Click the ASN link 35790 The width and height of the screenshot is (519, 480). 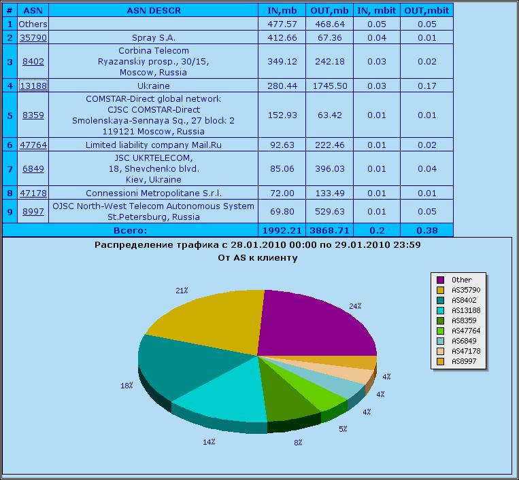33,38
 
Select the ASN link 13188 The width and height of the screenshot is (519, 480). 33,86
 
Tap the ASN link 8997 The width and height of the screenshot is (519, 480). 33,212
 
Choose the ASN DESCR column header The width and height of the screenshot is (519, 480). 153,10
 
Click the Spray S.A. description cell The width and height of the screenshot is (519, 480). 153,38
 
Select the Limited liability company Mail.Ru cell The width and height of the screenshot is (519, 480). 153,145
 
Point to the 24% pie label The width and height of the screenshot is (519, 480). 355,306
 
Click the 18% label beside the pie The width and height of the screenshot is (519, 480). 127,385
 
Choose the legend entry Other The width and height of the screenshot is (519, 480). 462,280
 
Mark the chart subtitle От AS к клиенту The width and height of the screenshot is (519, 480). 257,258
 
